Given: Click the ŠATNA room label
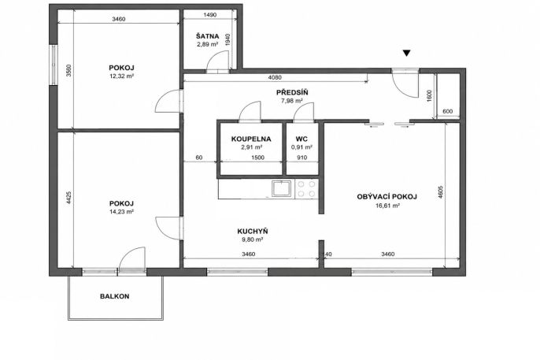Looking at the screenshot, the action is point(207,36).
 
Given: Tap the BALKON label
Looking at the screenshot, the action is point(115,296).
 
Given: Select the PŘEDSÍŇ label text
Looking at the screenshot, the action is point(292,92).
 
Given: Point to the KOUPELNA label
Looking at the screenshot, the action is point(251,139).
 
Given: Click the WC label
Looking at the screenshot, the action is point(301,139).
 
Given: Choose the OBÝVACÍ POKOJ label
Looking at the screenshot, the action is point(387,197).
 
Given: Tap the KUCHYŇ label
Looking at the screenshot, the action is point(253,231).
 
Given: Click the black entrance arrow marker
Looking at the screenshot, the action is point(407,53).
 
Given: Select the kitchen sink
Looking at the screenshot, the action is point(282,188).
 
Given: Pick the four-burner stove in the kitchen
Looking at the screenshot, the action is point(306,188).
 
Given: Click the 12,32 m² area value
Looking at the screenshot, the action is point(121,76).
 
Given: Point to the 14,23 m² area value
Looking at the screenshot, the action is point(121,212).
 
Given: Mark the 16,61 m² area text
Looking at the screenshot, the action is point(387,206).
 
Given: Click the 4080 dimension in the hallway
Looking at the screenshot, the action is point(275,77).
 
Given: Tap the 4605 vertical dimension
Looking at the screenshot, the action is point(441,192).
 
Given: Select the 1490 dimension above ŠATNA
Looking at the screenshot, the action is point(209,14).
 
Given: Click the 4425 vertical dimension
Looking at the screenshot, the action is point(68,198).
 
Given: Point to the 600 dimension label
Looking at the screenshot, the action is point(447,111).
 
